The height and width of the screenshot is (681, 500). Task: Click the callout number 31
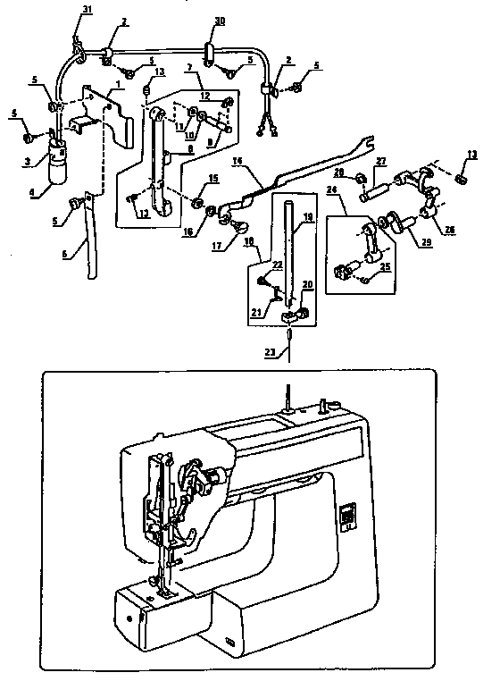tap(87, 9)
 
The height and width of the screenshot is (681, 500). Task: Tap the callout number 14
tap(237, 161)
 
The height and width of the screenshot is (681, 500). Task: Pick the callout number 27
tap(379, 161)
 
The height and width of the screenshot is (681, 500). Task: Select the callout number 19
tap(306, 216)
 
